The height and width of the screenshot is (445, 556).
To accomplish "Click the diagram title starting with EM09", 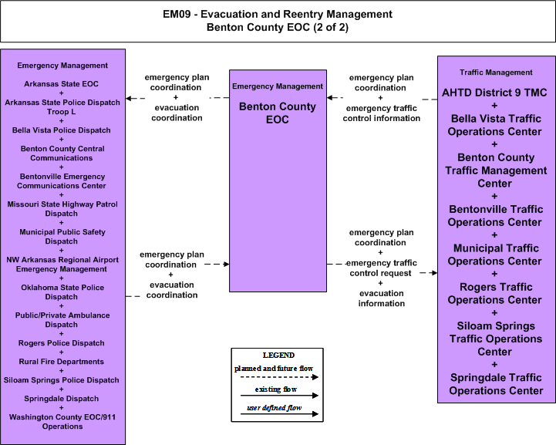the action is [x=278, y=21].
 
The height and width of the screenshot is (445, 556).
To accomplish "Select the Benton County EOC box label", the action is [x=278, y=113].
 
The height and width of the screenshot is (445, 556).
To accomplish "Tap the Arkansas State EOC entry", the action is [x=62, y=84].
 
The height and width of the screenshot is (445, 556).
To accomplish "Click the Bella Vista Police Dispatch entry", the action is [x=62, y=130].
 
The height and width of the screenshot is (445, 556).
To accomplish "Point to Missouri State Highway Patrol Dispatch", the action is [x=62, y=209].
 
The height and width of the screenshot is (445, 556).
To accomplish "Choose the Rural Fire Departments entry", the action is [x=62, y=361].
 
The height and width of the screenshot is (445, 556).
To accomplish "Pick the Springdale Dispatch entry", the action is [x=62, y=398].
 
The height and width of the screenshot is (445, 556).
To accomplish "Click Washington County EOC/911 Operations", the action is [x=62, y=422].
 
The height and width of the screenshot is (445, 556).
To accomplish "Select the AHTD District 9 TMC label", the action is [x=494, y=93].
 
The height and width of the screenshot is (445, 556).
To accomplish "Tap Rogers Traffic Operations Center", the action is [x=494, y=293].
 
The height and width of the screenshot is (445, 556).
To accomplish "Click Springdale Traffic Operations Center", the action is [x=496, y=384].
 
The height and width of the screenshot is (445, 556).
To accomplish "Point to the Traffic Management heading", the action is [x=496, y=72].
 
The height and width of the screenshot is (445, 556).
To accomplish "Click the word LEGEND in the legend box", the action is [x=278, y=356].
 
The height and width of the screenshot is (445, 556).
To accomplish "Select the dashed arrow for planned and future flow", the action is [x=279, y=377].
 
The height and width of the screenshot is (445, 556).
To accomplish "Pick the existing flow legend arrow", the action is [x=279, y=396].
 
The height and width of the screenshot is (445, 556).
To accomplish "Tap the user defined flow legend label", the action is [x=274, y=408].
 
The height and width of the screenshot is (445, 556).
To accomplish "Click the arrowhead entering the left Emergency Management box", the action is [x=129, y=98].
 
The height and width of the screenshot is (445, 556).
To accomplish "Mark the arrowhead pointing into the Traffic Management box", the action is [x=433, y=273].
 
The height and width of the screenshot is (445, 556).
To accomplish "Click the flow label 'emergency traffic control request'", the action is [x=381, y=268].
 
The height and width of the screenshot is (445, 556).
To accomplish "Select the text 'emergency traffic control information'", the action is [x=381, y=113].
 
